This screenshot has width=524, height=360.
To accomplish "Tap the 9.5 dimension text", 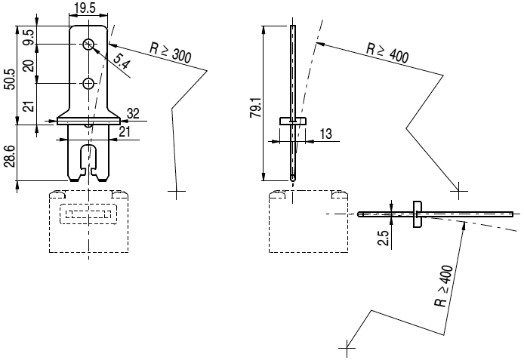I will (x=28, y=36).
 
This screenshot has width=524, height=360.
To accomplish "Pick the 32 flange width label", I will (x=134, y=112).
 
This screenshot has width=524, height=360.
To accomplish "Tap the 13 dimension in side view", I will (x=325, y=134).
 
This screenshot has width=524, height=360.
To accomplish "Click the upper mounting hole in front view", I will (x=88, y=45).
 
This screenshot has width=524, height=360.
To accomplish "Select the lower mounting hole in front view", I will (x=88, y=82).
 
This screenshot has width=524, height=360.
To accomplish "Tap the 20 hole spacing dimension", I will (x=28, y=64).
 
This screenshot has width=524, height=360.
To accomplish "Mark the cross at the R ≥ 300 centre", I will (x=177, y=192).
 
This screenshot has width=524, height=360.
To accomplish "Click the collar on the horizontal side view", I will (x=417, y=214).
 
